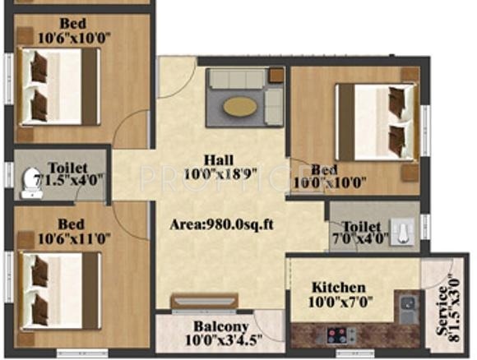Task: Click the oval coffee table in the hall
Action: pyautogui.click(x=240, y=105)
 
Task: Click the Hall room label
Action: pyautogui.click(x=220, y=160)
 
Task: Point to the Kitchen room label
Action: pyautogui.click(x=339, y=288)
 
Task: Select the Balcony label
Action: pyautogui.click(x=212, y=326)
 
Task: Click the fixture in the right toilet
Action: pyautogui.click(x=402, y=229)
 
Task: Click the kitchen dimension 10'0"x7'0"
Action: pyautogui.click(x=339, y=302)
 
